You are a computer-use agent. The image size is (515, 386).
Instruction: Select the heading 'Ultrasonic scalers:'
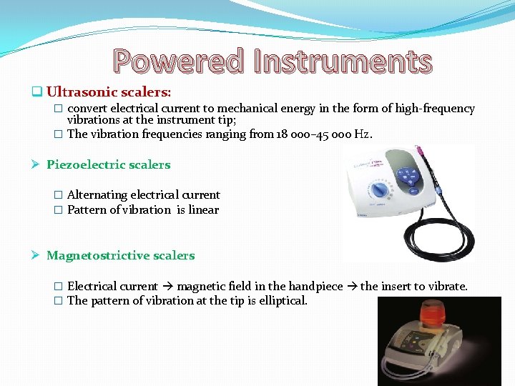109,91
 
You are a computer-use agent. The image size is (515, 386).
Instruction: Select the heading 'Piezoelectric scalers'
108,164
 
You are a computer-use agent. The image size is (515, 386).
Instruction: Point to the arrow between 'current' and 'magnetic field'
170,286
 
